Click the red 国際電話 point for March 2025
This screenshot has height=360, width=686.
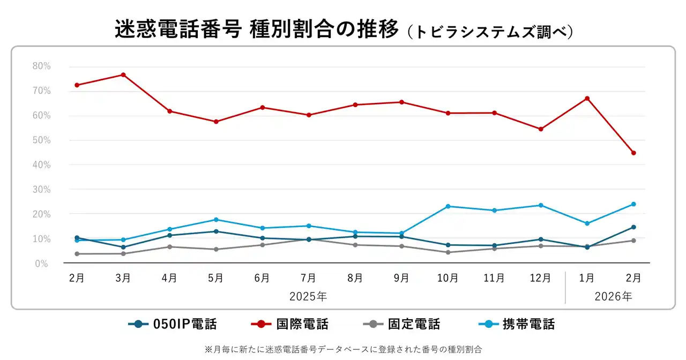pyautogui.click(x=123, y=74)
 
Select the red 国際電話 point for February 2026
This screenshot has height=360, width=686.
pyautogui.click(x=633, y=153)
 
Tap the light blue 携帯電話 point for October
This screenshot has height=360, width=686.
pyautogui.click(x=448, y=206)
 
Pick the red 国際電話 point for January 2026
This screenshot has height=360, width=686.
pyautogui.click(x=587, y=99)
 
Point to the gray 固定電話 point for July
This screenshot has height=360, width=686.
pyautogui.click(x=309, y=239)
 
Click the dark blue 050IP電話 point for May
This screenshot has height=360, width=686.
pyautogui.click(x=216, y=231)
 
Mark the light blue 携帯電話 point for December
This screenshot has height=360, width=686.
pyautogui.click(x=541, y=205)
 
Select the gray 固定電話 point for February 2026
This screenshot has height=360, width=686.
pyautogui.click(x=633, y=241)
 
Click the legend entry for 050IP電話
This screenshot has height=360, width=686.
pyautogui.click(x=173, y=324)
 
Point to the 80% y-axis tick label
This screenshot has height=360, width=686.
pyautogui.click(x=41, y=66)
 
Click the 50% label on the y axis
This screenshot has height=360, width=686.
pyautogui.click(x=41, y=140)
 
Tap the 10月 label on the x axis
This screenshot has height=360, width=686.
pyautogui.click(x=448, y=278)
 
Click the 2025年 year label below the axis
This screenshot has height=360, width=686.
pyautogui.click(x=308, y=296)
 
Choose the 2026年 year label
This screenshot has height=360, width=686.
pyautogui.click(x=613, y=296)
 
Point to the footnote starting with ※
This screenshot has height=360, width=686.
pyautogui.click(x=343, y=349)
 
